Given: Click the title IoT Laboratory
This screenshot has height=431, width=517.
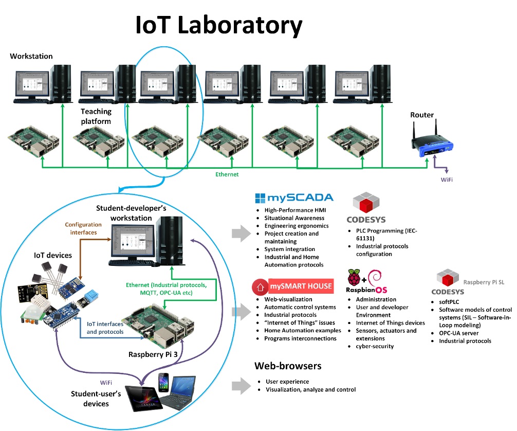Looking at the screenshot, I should [218, 25].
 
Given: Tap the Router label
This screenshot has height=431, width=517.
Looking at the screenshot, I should [421, 115].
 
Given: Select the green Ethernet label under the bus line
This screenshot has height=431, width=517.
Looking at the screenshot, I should [227, 174].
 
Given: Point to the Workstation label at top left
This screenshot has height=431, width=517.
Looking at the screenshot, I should [31, 56].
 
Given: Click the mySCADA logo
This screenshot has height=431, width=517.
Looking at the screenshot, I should [294, 198].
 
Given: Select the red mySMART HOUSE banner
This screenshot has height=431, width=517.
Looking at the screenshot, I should [293, 285].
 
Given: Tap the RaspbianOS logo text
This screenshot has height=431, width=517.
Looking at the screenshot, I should [370, 290].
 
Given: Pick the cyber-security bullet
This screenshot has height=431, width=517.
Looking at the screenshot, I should [375, 346].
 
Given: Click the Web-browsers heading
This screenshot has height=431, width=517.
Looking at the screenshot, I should [288, 366].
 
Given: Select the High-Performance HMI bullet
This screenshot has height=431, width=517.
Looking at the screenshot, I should [294, 210].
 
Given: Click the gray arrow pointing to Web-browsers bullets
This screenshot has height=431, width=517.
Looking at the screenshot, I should [239, 385].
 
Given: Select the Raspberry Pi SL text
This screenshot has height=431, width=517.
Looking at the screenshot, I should [480, 282].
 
